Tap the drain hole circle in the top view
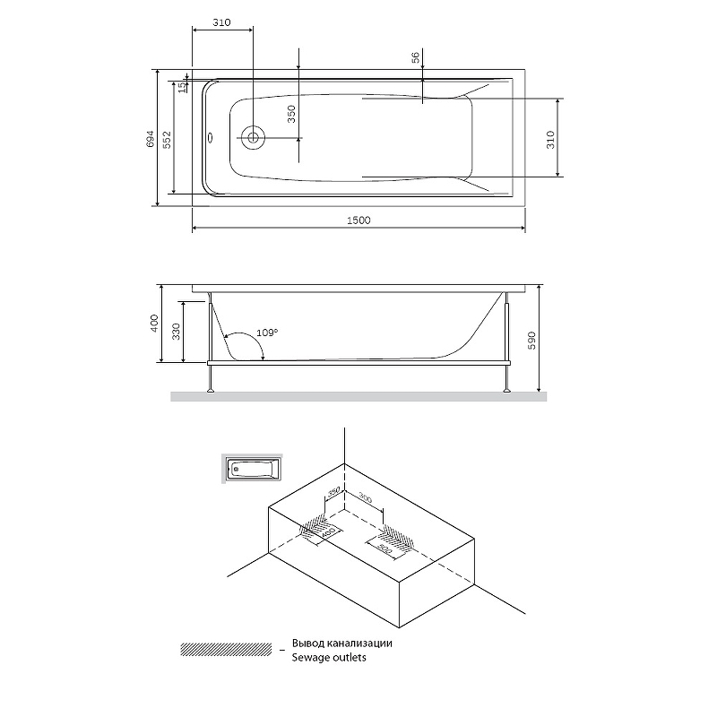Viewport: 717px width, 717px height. click(254, 138)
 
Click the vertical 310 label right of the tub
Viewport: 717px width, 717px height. click(551, 138)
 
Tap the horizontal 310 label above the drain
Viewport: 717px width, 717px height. click(222, 24)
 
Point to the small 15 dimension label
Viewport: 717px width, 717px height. click(181, 87)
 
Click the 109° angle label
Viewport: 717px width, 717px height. click(267, 333)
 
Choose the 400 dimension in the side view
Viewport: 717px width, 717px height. click(154, 324)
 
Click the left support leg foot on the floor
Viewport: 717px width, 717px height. click(212, 390)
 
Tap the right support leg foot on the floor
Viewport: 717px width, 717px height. click(508, 390)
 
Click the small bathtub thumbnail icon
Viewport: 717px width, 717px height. click(250, 468)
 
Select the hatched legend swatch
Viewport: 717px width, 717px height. click(226, 649)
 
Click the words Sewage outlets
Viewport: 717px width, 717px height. click(329, 658)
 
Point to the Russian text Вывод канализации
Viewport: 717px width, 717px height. click(341, 643)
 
